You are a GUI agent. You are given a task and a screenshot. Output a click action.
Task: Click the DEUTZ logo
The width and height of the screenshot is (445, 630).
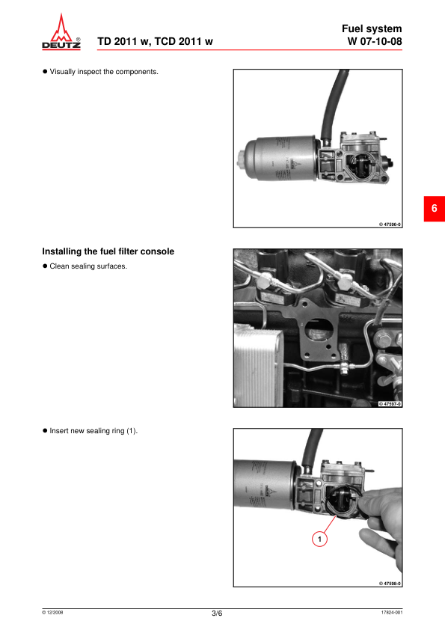(61, 31)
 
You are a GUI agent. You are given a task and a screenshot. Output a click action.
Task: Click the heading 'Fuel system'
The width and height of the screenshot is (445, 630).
(372, 28)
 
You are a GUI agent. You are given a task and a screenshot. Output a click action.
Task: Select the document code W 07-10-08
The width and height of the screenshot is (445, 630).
(374, 41)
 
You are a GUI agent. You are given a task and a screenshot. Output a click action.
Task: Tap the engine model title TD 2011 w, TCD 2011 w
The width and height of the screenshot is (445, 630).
(155, 41)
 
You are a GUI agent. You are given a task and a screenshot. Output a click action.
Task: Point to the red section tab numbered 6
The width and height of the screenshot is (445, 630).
(435, 209)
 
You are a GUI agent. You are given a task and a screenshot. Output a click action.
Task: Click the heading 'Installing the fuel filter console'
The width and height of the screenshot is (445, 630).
(108, 251)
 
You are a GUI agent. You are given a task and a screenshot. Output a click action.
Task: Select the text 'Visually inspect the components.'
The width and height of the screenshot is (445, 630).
(104, 72)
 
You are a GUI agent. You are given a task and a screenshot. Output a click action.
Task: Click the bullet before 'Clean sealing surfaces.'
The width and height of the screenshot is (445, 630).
(45, 266)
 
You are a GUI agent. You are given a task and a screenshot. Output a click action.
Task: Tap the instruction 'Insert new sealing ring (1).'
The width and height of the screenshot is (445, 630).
(93, 431)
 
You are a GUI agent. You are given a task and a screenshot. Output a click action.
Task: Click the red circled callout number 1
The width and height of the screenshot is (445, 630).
(319, 539)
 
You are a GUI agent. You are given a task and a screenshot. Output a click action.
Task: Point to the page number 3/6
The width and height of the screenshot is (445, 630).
(217, 613)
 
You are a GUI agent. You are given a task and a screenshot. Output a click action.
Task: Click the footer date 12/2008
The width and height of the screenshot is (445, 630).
(52, 612)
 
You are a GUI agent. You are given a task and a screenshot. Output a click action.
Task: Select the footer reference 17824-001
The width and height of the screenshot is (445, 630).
(392, 612)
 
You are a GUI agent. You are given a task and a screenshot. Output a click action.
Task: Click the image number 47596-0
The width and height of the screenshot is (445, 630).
(390, 224)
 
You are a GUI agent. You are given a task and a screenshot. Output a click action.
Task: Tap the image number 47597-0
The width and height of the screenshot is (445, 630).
(390, 404)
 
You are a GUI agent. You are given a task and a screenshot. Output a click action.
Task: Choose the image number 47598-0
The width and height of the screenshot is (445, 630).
(390, 584)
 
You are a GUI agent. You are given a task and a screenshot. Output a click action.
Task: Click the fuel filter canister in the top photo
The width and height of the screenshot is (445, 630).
(281, 159)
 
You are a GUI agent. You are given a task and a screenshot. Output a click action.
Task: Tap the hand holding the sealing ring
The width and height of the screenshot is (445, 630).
(381, 522)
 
